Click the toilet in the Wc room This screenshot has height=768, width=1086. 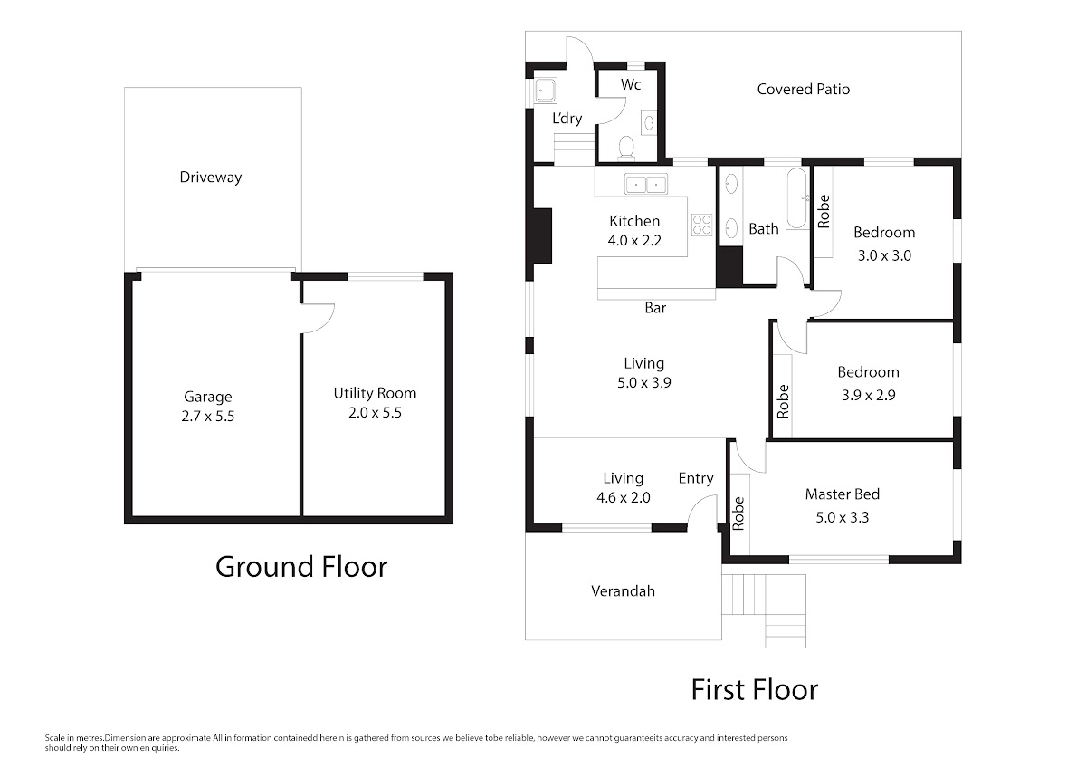click(626, 148)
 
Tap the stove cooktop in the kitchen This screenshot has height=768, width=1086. click(701, 226)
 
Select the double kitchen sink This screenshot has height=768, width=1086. click(646, 184)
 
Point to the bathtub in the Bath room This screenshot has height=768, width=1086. click(796, 198)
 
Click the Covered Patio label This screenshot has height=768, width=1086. click(804, 90)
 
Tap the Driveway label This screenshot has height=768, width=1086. click(210, 178)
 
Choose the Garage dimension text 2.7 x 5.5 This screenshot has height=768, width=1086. click(208, 417)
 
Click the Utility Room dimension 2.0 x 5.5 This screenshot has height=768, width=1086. click(375, 413)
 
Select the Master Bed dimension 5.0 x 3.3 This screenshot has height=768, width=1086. click(843, 518)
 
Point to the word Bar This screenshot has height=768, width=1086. click(655, 308)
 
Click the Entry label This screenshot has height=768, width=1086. click(696, 478)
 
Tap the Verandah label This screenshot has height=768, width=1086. click(623, 590)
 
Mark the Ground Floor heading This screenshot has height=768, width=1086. click(301, 567)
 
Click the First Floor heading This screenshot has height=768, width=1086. click(755, 690)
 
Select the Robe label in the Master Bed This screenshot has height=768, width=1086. click(738, 514)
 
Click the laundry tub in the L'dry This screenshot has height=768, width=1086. click(546, 91)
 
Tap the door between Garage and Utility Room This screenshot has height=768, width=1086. click(318, 318)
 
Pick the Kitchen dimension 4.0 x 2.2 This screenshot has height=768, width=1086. click(634, 241)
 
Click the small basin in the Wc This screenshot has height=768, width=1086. click(649, 122)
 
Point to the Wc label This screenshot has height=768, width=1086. click(631, 85)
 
